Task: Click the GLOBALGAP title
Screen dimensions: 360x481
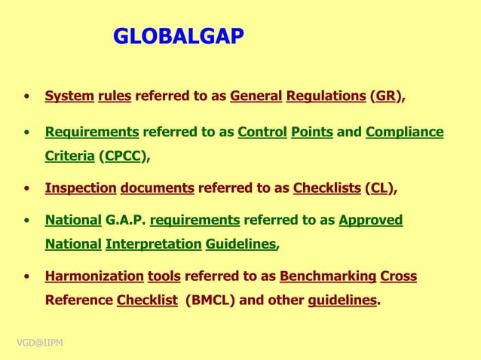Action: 179,36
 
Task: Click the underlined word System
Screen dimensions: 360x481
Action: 69,96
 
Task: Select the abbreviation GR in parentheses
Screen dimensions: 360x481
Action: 387,96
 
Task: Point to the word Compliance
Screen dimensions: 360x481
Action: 404,132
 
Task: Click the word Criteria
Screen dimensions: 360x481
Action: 69,157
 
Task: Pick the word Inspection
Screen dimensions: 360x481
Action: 81,188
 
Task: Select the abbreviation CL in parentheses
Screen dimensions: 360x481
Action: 379,188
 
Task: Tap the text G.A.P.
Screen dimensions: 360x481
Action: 125,220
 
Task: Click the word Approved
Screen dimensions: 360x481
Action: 370,220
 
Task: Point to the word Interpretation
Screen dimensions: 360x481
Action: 153,244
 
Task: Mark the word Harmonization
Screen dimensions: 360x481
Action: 94,276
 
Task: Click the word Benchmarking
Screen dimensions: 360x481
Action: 328,276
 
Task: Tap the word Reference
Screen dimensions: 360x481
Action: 79,300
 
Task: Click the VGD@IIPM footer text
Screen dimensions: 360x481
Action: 40,343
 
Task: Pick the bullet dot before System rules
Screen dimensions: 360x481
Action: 27,97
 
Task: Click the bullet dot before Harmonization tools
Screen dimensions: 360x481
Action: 27,277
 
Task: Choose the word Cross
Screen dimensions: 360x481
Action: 399,276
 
